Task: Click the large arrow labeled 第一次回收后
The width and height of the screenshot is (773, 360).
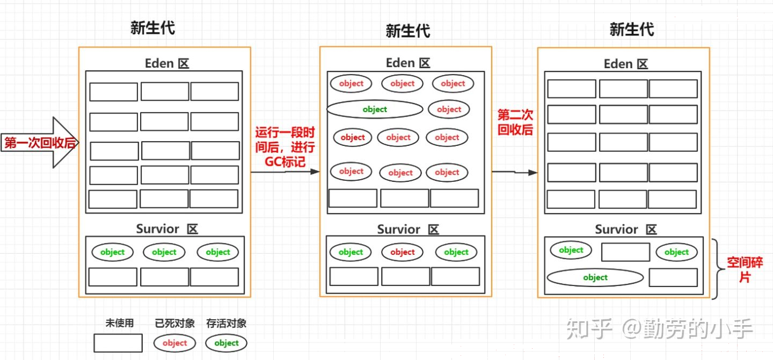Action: tap(40, 142)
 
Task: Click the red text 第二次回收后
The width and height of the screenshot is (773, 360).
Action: tap(515, 122)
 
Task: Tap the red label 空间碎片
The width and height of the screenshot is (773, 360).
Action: tap(745, 270)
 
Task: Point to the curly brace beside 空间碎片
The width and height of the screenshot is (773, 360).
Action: tap(718, 269)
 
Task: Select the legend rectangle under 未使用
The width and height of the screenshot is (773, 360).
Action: tap(118, 343)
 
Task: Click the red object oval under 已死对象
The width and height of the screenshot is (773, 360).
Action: tap(174, 343)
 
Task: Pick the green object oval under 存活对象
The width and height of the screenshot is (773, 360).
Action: tap(227, 343)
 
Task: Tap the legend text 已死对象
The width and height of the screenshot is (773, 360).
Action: tap(174, 323)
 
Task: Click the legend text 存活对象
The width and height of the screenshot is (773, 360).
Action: tap(227, 323)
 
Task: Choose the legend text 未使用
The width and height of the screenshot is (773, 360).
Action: tap(119, 323)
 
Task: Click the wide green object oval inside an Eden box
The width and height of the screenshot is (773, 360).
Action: tap(375, 109)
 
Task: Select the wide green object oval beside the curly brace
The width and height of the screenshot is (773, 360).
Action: tap(595, 277)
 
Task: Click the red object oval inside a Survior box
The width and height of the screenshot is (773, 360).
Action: tap(403, 252)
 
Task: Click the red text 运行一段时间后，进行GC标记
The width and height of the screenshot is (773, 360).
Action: tap(285, 147)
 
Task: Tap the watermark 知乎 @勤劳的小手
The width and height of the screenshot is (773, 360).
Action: tap(659, 328)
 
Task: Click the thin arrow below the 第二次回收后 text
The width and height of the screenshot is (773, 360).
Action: tap(514, 172)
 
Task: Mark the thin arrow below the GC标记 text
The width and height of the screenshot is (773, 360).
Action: tap(285, 171)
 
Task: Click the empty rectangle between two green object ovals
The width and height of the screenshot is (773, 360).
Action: tap(625, 252)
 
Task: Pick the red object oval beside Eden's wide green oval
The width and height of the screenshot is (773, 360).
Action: tap(449, 109)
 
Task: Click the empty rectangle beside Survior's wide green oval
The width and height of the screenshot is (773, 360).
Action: tap(673, 277)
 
